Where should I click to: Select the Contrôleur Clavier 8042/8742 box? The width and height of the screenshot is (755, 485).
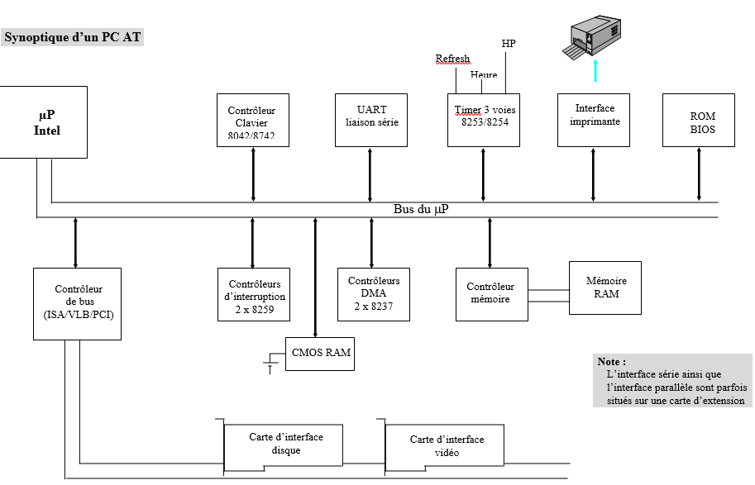coord(253,120)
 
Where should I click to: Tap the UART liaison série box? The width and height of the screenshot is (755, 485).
coord(371,120)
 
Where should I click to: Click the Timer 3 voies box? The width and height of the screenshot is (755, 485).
coord(484,120)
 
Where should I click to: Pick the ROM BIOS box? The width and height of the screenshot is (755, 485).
coord(699,120)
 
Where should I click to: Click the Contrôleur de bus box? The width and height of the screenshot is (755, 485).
coord(77,303)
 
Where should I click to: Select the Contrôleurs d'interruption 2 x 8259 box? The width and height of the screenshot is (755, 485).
coord(254,293)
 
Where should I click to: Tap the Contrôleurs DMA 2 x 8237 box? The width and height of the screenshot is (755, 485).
coord(374,293)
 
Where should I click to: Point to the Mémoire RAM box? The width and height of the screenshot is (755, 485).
coord(605,288)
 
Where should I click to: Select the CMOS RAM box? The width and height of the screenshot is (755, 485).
coord(321,353)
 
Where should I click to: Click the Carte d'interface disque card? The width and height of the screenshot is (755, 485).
coord(285,445)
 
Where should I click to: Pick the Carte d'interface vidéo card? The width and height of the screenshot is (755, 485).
coord(447,447)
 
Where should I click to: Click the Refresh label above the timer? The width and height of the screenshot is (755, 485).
coord(452,59)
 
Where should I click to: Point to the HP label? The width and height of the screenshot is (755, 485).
coord(509,43)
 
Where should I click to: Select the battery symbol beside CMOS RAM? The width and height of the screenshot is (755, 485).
coord(270,361)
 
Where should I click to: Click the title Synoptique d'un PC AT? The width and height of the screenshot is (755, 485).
coord(73,37)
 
